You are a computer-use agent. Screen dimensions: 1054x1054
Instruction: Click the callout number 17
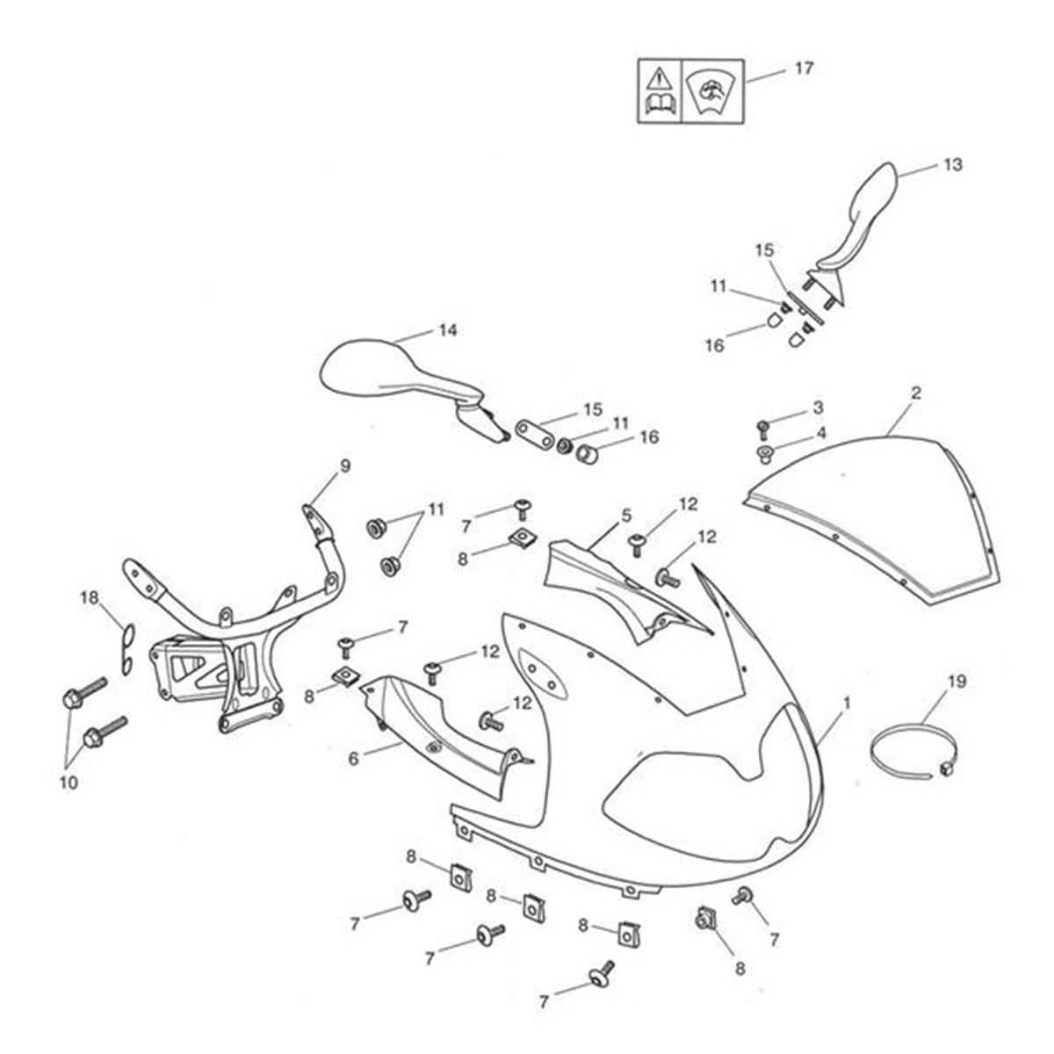[x=804, y=68]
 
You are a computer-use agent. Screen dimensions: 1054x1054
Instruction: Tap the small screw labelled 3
[x=762, y=429]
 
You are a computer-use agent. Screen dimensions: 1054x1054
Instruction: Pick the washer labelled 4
[x=764, y=453]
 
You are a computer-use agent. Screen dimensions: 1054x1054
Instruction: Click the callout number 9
[x=344, y=466]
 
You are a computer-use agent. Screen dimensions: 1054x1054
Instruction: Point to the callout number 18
[x=90, y=598]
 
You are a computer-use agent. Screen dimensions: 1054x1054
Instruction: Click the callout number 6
[x=354, y=758]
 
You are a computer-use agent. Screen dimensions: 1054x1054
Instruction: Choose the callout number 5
[x=626, y=515]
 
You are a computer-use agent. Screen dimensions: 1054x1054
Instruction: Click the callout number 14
[x=448, y=331]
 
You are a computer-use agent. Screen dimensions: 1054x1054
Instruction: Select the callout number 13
[x=953, y=164]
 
